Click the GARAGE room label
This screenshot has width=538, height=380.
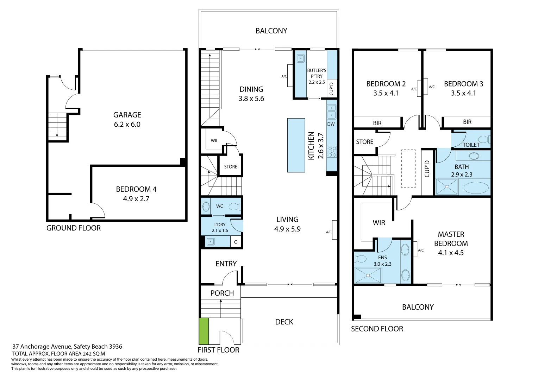[127, 115]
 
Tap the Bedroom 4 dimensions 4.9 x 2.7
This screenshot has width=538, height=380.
[136, 199]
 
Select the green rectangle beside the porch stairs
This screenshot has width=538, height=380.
[204, 331]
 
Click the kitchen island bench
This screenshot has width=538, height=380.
[296, 145]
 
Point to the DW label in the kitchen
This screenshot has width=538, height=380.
[331, 124]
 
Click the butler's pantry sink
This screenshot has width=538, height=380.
[300, 58]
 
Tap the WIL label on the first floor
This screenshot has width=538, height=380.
[214, 141]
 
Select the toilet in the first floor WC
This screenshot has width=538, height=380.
[234, 207]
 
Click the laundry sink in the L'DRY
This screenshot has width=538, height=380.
[211, 242]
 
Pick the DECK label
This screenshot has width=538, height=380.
[284, 322]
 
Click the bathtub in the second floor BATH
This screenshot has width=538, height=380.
[476, 188]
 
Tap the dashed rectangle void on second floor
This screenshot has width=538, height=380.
[408, 169]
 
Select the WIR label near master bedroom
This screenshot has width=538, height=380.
[379, 223]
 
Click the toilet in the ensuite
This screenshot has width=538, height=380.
[361, 259]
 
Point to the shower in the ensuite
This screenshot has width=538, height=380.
[368, 275]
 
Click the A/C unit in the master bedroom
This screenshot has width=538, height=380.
[415, 250]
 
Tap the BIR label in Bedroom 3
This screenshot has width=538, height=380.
[467, 122]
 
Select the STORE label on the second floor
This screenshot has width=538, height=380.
[365, 142]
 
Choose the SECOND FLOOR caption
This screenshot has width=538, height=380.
[377, 329]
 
